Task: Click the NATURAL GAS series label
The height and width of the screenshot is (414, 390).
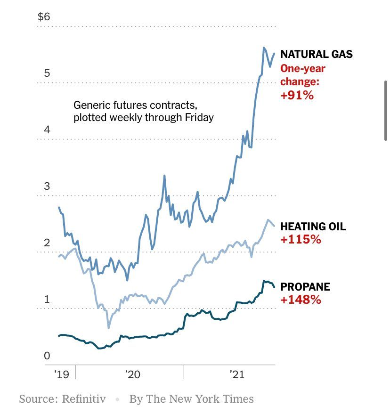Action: pos(316,54)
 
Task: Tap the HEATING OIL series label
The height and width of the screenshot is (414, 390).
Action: pos(313,227)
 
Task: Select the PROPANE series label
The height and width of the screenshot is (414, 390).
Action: pos(305,287)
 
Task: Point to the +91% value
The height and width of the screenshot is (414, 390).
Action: pos(297,95)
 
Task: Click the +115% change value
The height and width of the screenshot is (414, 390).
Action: pos(301,239)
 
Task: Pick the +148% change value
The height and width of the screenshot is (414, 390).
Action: pos(301,300)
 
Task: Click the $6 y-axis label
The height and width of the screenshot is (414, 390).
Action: pos(44,17)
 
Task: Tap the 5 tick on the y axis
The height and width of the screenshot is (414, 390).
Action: pos(47,73)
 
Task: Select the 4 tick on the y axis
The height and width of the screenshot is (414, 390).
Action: pos(47,130)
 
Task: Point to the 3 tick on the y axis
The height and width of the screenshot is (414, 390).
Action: pos(47,186)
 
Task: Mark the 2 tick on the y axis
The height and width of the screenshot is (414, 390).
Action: pos(47,243)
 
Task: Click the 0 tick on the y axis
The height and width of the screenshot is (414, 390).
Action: pos(47,356)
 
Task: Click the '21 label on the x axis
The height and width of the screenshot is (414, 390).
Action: pos(237,375)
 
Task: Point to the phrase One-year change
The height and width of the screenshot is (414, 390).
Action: pos(303,74)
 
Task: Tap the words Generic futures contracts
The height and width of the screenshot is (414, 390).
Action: pos(131,105)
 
